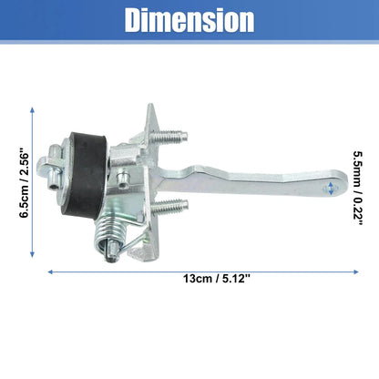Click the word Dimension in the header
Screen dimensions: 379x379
(189, 20)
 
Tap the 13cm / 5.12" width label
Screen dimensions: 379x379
(217, 279)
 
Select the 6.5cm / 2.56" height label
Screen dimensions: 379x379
(25, 183)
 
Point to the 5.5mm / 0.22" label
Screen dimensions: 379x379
(358, 189)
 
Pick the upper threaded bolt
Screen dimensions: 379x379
(169, 138)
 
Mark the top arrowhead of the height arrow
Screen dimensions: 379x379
(33, 109)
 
